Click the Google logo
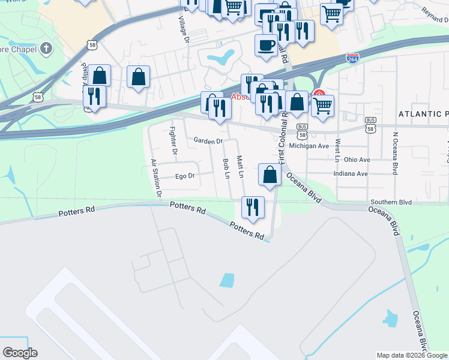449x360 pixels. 20,353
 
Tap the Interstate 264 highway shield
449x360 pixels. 353,58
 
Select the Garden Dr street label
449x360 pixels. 208,141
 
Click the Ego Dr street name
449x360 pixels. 185,176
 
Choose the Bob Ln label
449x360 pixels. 226,169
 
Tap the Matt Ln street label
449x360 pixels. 240,167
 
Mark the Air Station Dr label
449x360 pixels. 157,178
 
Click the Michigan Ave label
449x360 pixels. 309,146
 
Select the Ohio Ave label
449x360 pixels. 357,160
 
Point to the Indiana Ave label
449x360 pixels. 351,174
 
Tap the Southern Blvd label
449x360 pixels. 391,203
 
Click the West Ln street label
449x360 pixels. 338,150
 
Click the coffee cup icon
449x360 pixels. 266,45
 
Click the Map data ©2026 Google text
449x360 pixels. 411,355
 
